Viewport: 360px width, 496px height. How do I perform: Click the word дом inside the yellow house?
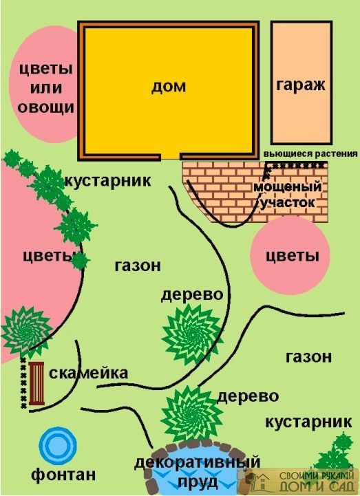pos(169,87)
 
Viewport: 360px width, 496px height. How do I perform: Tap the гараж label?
pos(301,85)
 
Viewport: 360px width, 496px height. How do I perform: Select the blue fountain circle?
pos(58,446)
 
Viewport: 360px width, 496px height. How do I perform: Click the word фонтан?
pos(63,475)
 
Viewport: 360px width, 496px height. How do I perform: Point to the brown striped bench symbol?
pos(36,384)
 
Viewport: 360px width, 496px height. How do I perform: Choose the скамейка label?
pos(89,374)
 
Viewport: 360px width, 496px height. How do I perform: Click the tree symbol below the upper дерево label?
pos(192,334)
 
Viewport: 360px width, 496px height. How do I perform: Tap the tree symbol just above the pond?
pos(192,414)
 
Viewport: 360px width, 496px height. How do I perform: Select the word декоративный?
pos(198,462)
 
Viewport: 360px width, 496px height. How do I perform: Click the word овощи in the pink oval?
pos(46,107)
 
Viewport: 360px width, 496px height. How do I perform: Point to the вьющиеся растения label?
pos(310,154)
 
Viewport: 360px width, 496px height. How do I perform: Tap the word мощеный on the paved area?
pos(288,187)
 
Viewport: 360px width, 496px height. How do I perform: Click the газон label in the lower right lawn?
pos(308,357)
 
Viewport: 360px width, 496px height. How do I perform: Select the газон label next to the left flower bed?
pos(138,266)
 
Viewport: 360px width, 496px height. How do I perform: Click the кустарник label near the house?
pos(108,181)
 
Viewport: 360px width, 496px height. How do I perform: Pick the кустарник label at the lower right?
pos(308,422)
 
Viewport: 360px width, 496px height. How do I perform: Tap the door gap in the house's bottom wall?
pos(170,156)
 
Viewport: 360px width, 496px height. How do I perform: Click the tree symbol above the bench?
pos(25,329)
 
